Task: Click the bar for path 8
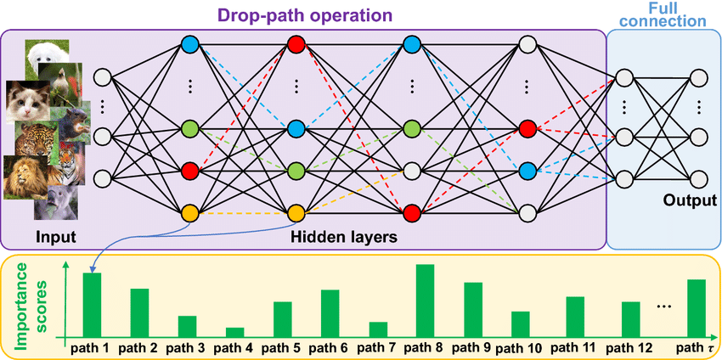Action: [425, 301]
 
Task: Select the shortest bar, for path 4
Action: [234, 333]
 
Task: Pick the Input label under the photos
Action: [56, 237]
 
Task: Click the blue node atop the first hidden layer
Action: [189, 43]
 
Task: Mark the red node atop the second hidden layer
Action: [296, 43]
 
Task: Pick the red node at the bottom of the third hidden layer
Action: [412, 212]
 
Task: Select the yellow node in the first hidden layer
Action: [189, 212]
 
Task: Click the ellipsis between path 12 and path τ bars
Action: [665, 305]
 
